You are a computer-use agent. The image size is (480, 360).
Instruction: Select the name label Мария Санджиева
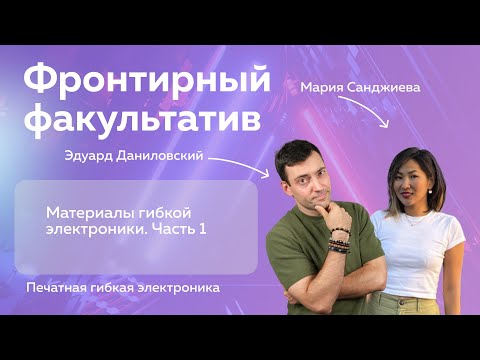[359, 88]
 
